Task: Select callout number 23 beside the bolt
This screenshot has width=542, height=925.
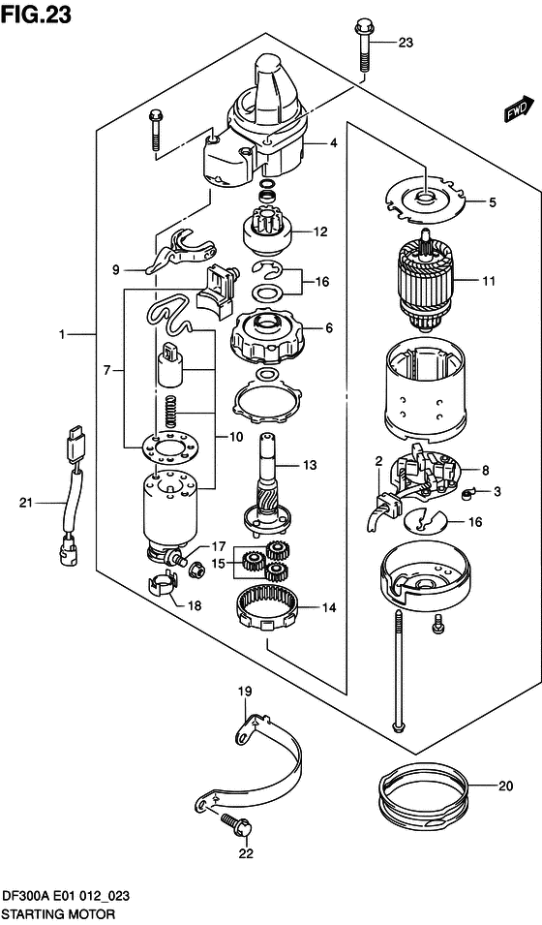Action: [405, 43]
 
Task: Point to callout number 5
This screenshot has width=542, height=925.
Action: [492, 202]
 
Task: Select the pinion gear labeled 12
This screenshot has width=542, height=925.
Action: [265, 233]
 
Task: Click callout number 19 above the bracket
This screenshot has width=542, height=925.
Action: [245, 691]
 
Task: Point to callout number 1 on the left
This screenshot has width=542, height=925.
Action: [61, 334]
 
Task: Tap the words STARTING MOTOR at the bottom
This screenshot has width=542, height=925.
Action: [58, 913]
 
